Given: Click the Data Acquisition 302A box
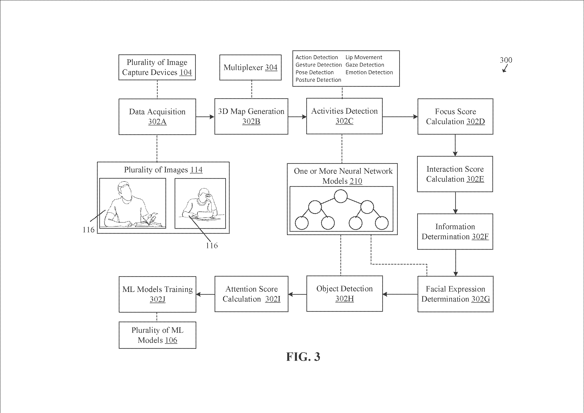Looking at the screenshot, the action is point(157,117).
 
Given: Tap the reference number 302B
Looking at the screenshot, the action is point(251,121).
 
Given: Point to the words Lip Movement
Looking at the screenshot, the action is point(364,58).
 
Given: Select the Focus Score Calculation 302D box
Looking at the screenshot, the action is point(455,117).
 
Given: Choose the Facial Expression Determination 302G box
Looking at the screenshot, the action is point(455,294).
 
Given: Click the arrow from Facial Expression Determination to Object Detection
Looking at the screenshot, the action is point(400,294).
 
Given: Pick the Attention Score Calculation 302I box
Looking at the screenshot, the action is point(251,294).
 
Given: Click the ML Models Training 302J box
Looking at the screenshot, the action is point(157,294).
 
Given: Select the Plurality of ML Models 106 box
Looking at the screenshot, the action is point(157,335).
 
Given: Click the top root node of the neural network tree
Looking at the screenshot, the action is point(341,196).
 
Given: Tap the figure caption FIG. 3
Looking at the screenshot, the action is point(303,357).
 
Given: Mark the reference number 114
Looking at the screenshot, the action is point(196,170).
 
